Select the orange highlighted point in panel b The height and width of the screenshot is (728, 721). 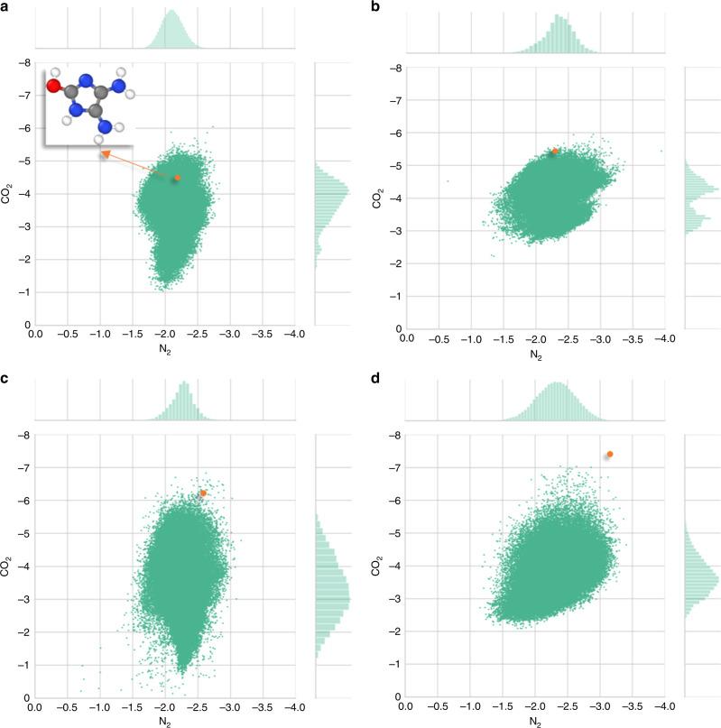point(556,152)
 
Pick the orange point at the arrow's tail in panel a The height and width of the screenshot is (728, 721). point(177,178)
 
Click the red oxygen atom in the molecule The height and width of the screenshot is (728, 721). point(54,88)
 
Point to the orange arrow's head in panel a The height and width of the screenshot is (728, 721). point(103,154)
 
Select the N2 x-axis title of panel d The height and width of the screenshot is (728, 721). point(534,721)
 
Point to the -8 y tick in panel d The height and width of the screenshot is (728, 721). point(389,436)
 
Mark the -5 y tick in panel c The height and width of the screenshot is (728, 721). point(21,534)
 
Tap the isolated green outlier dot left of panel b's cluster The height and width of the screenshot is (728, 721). point(447,181)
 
